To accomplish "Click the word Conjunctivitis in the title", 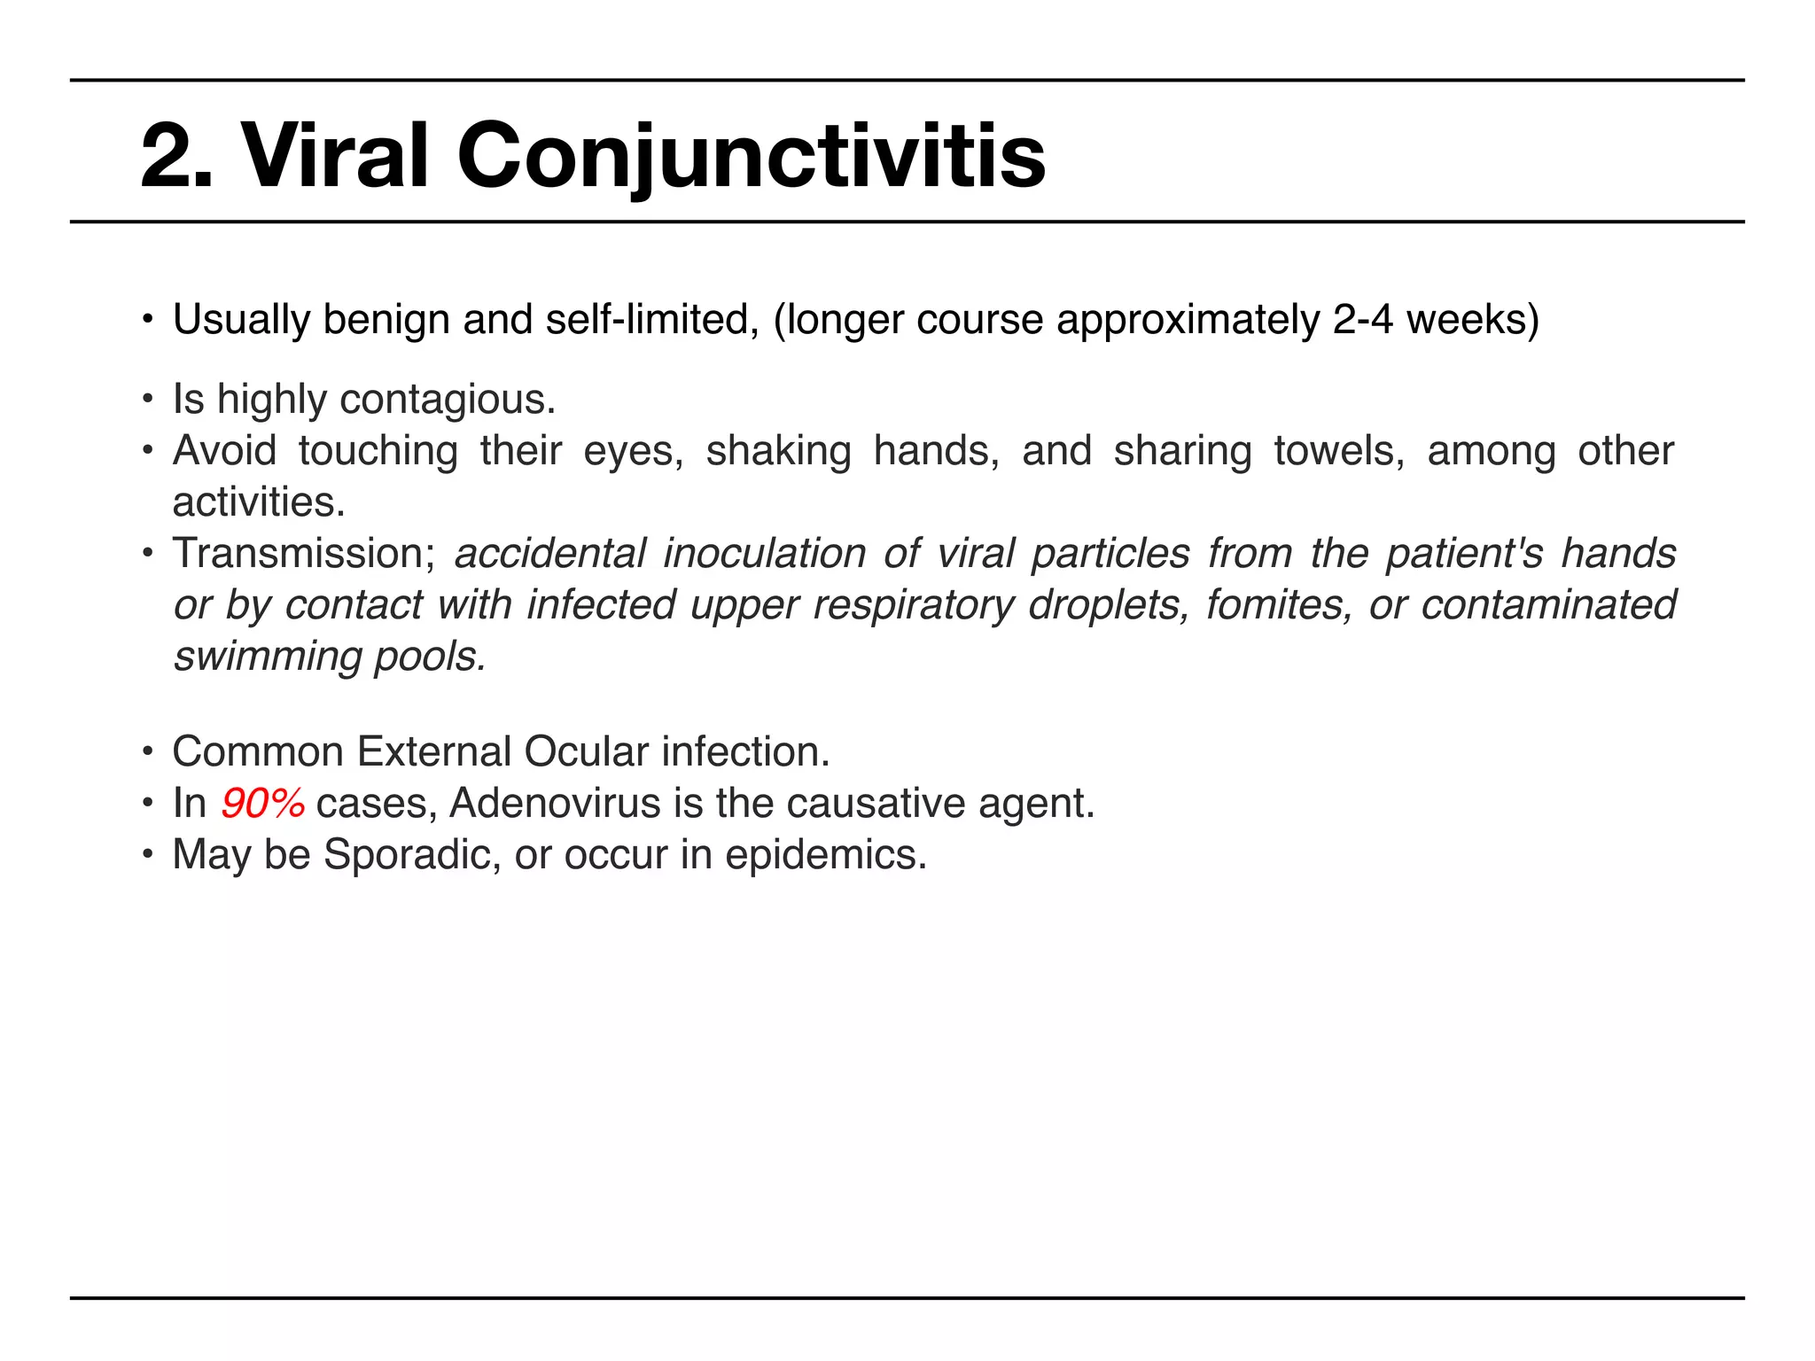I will click(751, 157).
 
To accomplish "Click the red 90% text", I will click(262, 804).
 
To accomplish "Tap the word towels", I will click(1339, 451).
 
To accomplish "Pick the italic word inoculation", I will click(764, 554).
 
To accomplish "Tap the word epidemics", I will click(825, 855).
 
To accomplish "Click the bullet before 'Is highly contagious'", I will click(148, 400).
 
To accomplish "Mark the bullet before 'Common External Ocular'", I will click(148, 752).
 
